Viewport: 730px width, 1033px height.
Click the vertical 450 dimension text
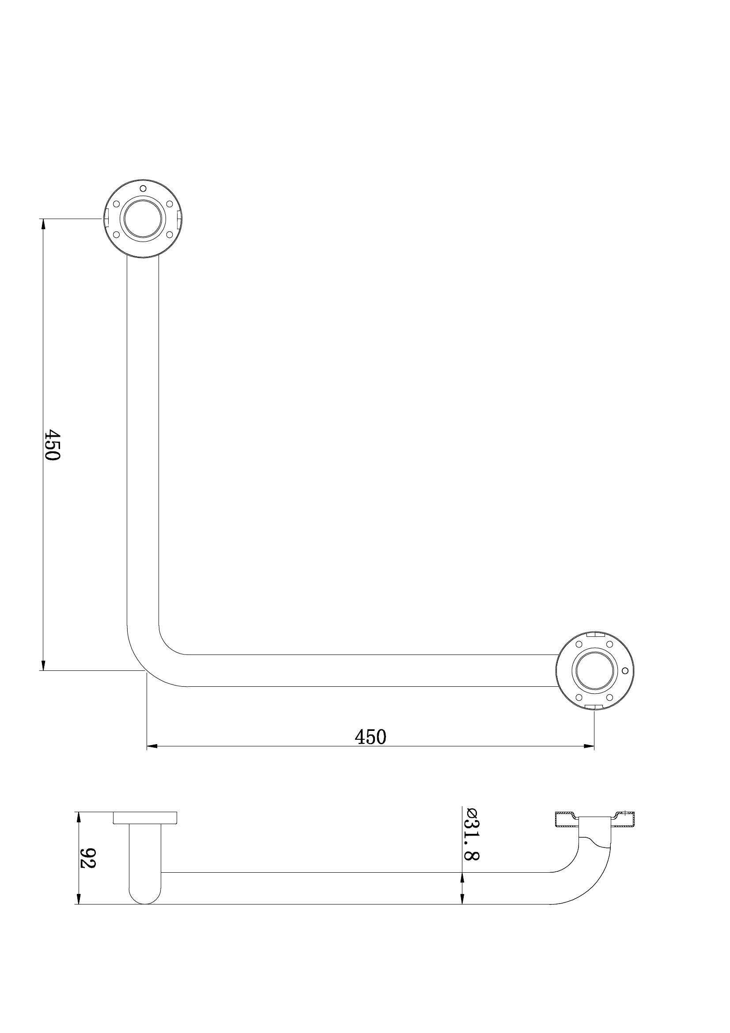coord(53,445)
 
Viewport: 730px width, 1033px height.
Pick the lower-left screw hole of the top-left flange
coord(117,235)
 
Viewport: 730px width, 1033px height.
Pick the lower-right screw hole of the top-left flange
coord(170,235)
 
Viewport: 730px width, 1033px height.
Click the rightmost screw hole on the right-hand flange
coord(625,671)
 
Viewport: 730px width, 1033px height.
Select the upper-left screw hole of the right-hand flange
coord(579,644)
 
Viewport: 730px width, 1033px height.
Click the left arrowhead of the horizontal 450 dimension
coord(152,747)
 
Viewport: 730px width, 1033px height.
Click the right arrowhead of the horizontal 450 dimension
coord(589,747)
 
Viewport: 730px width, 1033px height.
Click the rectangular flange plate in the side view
coord(145,818)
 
